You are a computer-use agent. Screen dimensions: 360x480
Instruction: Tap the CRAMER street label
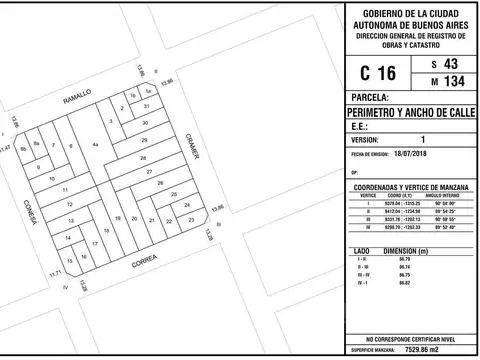(193, 148)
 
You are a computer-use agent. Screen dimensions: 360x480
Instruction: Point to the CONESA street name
(31, 209)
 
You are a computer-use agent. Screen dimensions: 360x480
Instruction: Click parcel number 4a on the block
(95, 146)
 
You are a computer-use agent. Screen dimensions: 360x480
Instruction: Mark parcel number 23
(190, 216)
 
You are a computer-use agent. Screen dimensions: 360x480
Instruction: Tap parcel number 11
(65, 189)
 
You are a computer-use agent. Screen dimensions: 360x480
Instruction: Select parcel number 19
(119, 217)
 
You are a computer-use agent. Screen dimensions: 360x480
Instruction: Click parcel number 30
(146, 122)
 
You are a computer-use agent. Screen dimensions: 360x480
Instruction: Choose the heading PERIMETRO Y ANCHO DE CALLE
(411, 113)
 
